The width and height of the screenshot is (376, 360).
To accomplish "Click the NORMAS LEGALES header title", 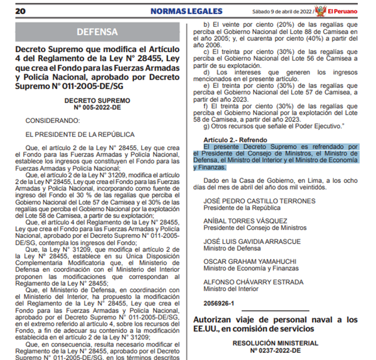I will tap(186, 11).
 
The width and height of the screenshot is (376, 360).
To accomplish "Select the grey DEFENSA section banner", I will tap(97, 32).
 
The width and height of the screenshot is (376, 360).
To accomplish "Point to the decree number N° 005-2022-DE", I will tap(97, 108).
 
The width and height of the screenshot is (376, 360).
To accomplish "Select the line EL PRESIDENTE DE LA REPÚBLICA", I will tap(80, 135).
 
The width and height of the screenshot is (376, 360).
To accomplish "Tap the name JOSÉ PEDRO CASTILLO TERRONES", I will tap(259, 201).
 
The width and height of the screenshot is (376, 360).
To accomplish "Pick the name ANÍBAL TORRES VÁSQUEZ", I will tap(245, 221).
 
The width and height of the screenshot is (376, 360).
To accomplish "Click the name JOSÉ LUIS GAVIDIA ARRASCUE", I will tap(252, 241).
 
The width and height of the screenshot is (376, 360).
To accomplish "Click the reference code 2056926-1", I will tap(219, 303).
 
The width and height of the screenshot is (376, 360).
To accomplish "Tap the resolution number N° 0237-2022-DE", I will tap(275, 351).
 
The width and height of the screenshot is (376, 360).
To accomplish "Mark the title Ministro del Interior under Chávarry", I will tap(230, 288).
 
